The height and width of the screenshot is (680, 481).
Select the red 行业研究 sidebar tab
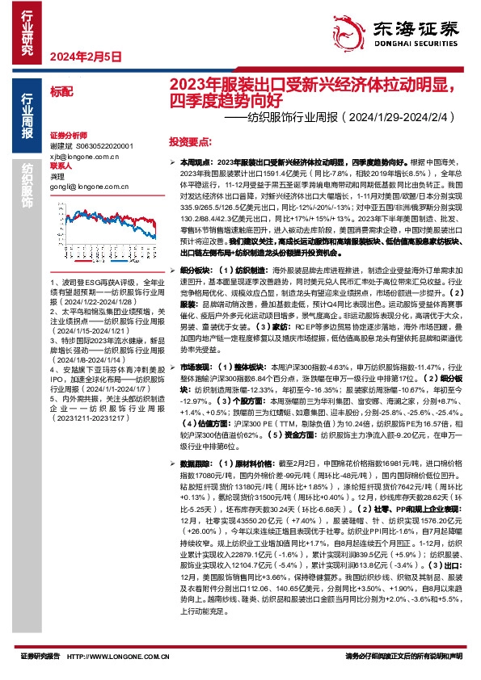(27, 32)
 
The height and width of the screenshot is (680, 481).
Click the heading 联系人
(61, 165)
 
